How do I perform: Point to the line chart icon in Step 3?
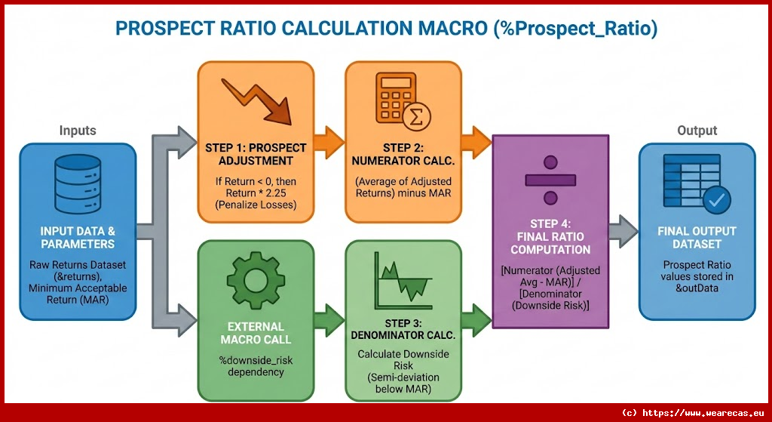403,279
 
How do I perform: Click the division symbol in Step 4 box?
550,180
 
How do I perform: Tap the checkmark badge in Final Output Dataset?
715,199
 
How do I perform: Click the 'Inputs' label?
78,131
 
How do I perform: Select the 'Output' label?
697,131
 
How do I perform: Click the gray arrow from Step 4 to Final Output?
623,231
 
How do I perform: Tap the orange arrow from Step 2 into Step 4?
476,140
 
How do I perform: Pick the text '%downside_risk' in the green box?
255,360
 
